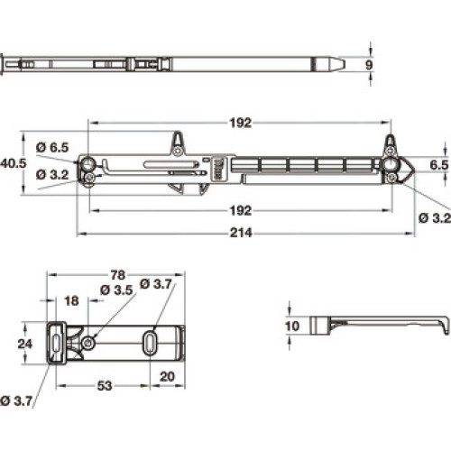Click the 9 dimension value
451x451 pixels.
coord(369,65)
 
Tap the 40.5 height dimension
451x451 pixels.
coord(14,163)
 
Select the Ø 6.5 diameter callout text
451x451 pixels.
coord(52,147)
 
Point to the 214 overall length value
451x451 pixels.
coord(241,233)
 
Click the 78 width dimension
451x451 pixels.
coord(117,275)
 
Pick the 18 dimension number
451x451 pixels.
coord(71,300)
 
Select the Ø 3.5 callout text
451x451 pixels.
coord(116,290)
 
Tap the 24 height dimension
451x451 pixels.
coord(24,344)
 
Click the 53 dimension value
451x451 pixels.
coord(105,386)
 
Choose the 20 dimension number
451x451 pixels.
coord(167,376)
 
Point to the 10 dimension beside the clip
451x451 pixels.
coord(292,326)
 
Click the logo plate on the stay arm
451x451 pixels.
coord(218,169)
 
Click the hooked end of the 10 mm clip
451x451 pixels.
coord(445,327)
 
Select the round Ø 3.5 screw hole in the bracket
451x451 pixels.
coord(88,343)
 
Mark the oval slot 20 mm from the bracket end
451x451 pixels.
coord(150,343)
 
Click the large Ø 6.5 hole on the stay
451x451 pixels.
coord(88,164)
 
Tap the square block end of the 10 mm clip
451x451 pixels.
coord(320,326)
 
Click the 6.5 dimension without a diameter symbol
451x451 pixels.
coord(439,165)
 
